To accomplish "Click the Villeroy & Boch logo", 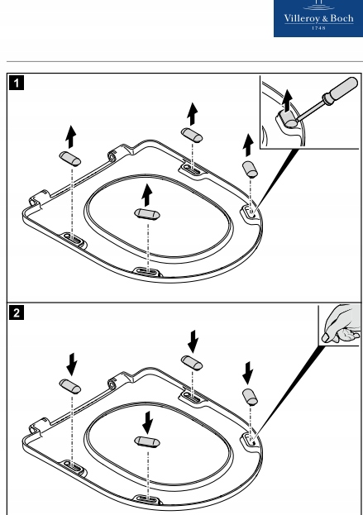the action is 318,18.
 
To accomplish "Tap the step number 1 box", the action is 17,83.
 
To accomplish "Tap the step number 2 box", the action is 17,312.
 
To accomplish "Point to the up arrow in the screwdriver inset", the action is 288,100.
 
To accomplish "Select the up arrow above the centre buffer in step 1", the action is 147,195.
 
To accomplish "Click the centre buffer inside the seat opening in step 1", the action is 147,214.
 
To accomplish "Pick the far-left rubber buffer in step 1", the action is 70,159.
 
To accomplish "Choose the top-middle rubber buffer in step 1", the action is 192,136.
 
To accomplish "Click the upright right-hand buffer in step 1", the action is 250,169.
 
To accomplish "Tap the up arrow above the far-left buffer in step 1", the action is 70,136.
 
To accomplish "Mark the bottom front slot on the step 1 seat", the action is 147,272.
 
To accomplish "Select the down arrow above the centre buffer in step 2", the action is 147,422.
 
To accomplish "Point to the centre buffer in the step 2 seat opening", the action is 147,442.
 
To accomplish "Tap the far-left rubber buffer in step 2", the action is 70,387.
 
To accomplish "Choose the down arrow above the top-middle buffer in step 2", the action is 193,341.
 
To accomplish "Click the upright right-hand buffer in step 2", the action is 250,397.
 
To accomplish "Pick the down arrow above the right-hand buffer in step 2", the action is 248,373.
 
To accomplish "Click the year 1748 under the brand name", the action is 318,28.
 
